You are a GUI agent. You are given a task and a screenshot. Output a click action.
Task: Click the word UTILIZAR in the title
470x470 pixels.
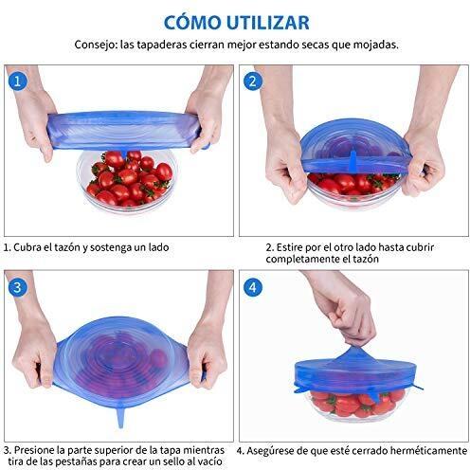click(x=268, y=23)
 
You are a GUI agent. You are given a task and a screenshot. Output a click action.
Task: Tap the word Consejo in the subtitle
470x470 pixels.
click(x=96, y=45)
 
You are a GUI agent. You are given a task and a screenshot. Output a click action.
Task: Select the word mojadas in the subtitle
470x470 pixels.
click(x=375, y=45)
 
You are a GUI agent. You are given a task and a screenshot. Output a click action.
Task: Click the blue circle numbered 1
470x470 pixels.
click(x=17, y=81)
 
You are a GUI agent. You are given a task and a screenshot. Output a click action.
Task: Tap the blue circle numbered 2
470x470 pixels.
click(x=253, y=81)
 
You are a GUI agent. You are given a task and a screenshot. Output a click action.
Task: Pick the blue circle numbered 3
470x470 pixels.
click(x=17, y=287)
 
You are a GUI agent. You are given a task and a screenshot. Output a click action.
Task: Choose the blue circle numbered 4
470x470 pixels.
click(x=253, y=287)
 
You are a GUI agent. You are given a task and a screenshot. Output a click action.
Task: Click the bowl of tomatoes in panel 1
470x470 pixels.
click(x=127, y=179)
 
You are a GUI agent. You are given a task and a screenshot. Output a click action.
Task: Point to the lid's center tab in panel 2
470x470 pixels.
click(x=353, y=162)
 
